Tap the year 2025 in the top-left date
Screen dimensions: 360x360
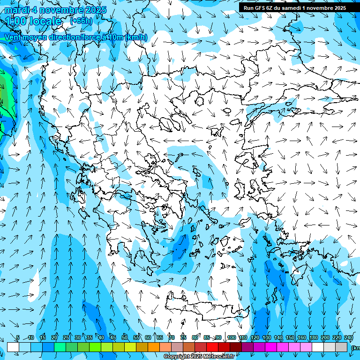[x=94, y=10]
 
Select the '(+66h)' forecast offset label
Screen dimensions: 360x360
[x=81, y=21]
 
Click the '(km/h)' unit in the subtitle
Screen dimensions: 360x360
[x=136, y=37]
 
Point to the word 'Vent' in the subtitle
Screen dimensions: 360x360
[x=13, y=37]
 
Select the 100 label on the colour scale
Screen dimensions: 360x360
[x=231, y=337]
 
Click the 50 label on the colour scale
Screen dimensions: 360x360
[x=125, y=337]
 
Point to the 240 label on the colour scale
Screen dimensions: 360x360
[x=348, y=337]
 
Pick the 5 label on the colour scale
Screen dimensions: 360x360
[x=18, y=337]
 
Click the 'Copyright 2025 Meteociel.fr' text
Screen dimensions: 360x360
[x=199, y=357]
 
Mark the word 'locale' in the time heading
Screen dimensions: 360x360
[x=45, y=21]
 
